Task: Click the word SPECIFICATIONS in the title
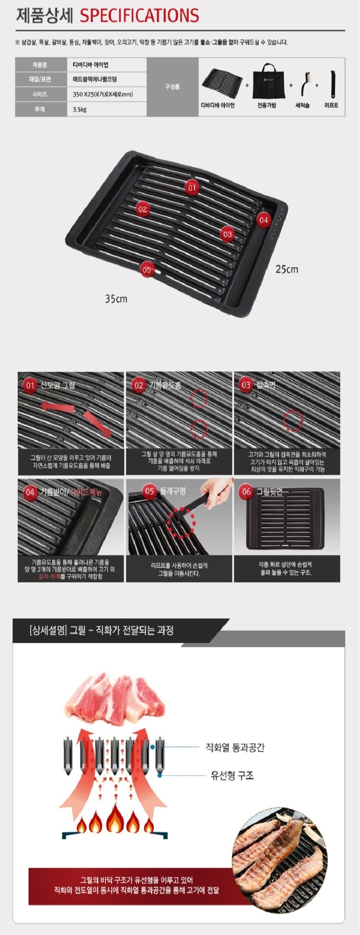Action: point(139,16)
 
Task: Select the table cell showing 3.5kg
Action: point(107,109)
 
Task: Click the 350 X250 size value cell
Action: point(107,94)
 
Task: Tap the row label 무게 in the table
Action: point(41,109)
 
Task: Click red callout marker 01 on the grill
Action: point(192,187)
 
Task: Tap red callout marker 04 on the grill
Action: point(263,219)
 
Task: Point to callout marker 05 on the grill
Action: point(146,269)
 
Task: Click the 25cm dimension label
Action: point(287,269)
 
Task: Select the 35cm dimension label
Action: point(116,299)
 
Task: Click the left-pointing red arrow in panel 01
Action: point(57,407)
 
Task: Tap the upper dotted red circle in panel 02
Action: point(199,398)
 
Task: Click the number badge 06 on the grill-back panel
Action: point(246,491)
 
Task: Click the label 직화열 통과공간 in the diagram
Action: point(235,747)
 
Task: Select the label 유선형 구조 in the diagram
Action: point(232,775)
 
